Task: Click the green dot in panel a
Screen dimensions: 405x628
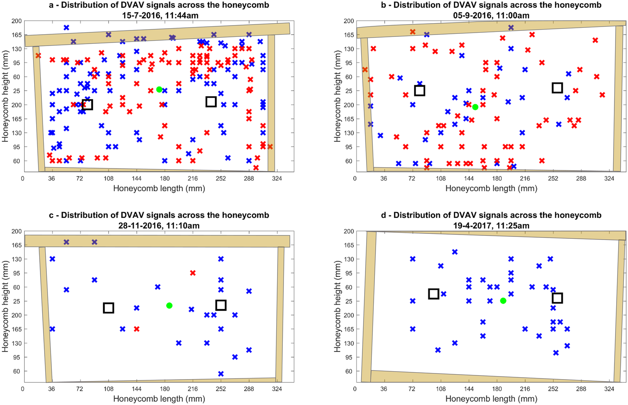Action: point(159,89)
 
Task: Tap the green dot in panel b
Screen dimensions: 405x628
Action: point(475,107)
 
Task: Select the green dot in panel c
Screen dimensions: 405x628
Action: point(169,305)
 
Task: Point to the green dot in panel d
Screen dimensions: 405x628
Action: point(503,300)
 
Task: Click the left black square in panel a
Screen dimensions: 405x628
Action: point(87,105)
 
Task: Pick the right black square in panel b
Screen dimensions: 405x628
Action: point(557,88)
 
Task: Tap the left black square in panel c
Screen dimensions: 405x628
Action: point(108,308)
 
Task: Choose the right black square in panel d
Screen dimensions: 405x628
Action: point(557,298)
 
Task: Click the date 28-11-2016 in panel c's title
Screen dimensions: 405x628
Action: point(139,226)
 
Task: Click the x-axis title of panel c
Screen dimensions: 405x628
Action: point(159,399)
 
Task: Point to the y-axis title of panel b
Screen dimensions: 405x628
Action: point(337,96)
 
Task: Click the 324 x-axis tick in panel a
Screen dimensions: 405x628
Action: point(277,178)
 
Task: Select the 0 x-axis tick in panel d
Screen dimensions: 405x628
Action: point(355,389)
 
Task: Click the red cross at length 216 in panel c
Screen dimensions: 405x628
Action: point(193,273)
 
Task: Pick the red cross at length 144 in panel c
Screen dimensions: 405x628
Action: point(137,329)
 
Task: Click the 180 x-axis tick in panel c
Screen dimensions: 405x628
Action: point(165,389)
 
